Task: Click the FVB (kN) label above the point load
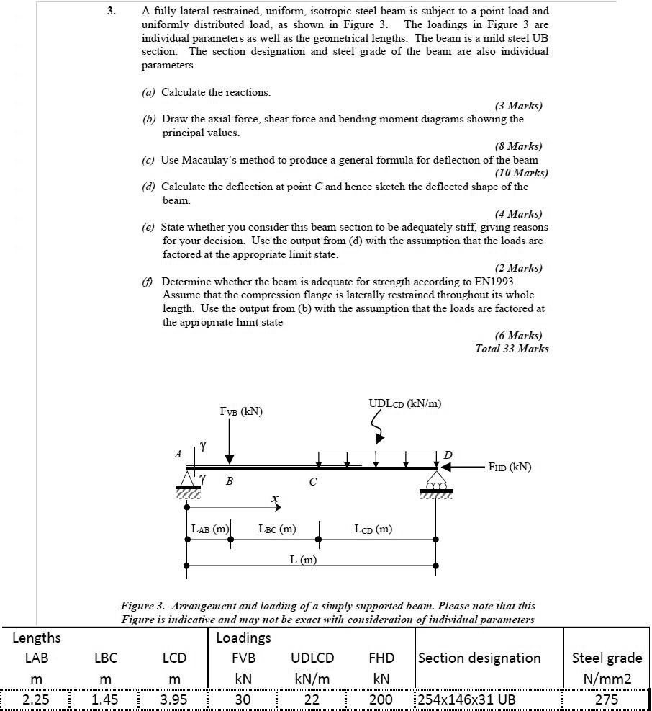coord(241,411)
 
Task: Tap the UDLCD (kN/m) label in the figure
coord(405,403)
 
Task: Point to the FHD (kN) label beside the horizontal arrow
coord(510,467)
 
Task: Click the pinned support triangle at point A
coord(188,478)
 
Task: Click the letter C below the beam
coord(312,482)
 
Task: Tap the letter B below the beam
coord(229,481)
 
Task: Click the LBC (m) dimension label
coord(277,529)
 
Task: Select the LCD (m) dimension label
coord(373,529)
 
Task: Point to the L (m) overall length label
coord(308,560)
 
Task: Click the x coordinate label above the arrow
coord(274,498)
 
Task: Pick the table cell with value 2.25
coord(35,699)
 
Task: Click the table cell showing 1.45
coord(105,699)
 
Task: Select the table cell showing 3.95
coord(174,699)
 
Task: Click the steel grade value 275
coord(607,699)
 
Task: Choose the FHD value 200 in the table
coord(381,699)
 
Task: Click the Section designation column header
coord(479,658)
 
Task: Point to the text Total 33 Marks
coord(512,349)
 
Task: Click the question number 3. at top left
coord(112,12)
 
